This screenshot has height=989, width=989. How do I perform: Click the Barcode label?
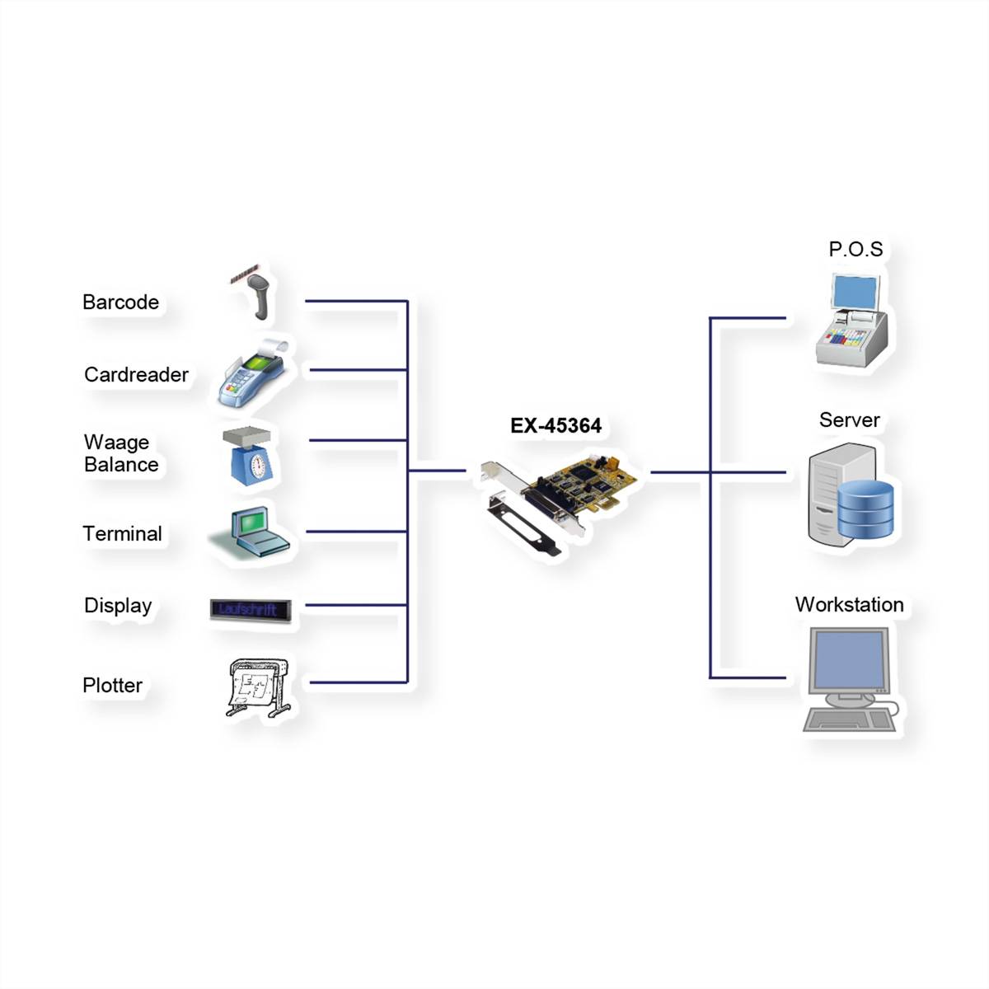pos(120,302)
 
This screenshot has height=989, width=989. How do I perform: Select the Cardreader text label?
pos(136,375)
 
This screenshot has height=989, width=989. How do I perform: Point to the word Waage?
pos(116,442)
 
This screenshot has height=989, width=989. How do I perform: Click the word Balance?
pos(121,465)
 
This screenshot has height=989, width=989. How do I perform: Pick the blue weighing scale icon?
pos(248,456)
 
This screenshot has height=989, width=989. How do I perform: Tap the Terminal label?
pos(122,534)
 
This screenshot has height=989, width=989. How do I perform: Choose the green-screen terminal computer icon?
pos(250,532)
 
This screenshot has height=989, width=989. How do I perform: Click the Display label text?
pos(118,606)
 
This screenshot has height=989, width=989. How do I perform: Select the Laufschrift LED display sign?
pos(251,610)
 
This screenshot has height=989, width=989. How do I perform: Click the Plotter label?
pos(112,685)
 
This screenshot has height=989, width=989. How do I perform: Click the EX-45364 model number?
pos(555,425)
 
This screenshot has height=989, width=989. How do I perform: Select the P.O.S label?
pos(855,249)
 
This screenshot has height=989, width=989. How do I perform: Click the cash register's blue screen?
pos(855,292)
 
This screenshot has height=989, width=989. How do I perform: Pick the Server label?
pos(850,420)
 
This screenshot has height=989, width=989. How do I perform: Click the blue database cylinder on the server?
pos(865,509)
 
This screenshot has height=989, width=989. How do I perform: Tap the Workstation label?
pos(850,605)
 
